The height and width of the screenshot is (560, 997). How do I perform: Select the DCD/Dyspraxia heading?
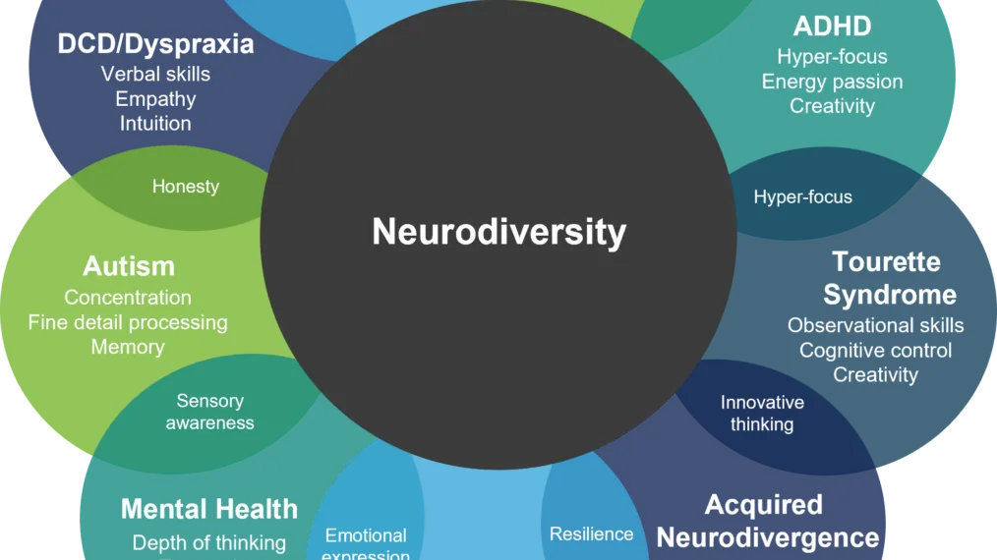click(x=155, y=44)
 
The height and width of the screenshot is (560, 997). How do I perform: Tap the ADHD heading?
click(x=832, y=26)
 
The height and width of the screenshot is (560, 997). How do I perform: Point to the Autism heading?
click(x=129, y=266)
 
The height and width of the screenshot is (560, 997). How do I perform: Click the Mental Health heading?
click(x=208, y=509)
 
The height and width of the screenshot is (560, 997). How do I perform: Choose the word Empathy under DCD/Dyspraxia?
click(x=155, y=99)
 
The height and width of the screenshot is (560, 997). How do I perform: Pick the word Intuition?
click(x=155, y=124)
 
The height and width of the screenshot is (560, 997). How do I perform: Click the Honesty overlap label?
click(x=185, y=187)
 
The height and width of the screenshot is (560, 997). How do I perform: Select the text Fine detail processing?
click(x=128, y=322)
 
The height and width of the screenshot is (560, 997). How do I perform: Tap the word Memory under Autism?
click(x=128, y=347)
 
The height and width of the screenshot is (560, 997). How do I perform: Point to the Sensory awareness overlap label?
click(x=209, y=413)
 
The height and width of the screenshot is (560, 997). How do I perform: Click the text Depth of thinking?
click(x=208, y=542)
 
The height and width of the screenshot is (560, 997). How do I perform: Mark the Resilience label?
click(x=591, y=534)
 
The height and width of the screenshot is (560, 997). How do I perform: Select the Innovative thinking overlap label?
click(x=762, y=414)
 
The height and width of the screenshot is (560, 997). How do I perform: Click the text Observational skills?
click(x=875, y=325)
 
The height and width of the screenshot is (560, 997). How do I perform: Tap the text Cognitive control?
click(x=875, y=350)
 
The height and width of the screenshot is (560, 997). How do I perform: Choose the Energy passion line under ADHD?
click(x=832, y=82)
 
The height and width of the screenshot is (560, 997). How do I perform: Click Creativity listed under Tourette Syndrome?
click(x=875, y=374)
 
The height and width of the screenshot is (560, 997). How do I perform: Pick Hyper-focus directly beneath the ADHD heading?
click(x=832, y=57)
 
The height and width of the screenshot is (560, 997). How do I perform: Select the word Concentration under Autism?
click(x=128, y=298)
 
